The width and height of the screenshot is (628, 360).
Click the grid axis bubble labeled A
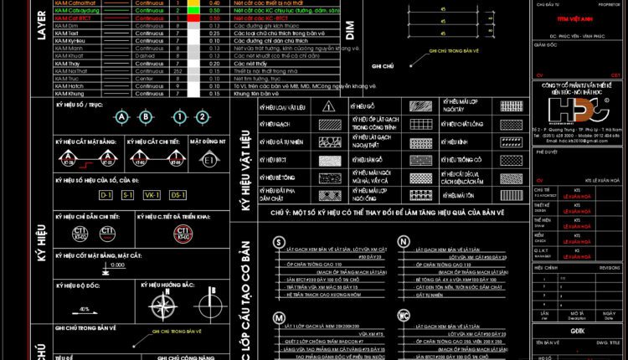pyautogui.click(x=123, y=116)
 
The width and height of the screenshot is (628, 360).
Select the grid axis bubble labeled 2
pyautogui.click(x=202, y=116)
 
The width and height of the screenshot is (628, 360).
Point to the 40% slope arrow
pyautogui.click(x=85, y=307)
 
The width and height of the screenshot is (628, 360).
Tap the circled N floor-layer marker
pyautogui.click(x=404, y=242)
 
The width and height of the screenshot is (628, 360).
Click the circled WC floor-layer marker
pyautogui.click(x=404, y=316)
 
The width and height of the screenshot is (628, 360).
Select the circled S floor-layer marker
pyautogui.click(x=277, y=242)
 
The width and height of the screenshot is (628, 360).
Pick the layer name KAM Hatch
pyautogui.click(x=70, y=85)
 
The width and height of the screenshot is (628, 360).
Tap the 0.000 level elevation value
pyautogui.click(x=115, y=265)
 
